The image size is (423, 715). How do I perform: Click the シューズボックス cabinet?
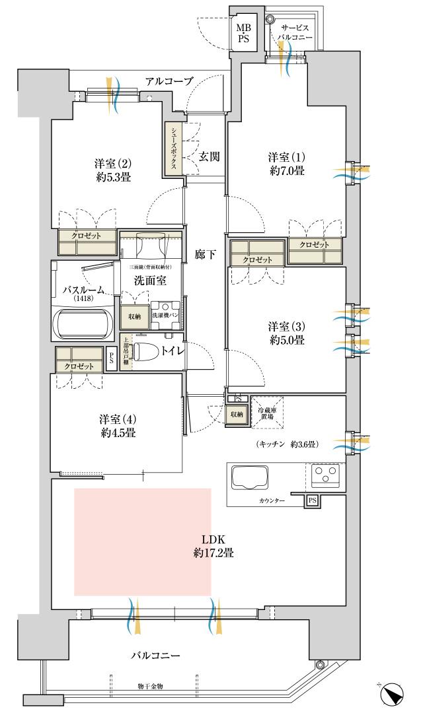click(173, 148)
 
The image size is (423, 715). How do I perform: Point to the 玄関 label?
click(209, 156)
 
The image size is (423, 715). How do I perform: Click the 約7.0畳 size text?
click(286, 171)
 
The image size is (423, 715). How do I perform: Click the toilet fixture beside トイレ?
click(147, 351)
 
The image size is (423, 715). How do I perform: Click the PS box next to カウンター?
click(311, 501)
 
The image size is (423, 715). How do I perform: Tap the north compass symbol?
click(392, 695)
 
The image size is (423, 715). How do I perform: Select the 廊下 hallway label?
click(204, 254)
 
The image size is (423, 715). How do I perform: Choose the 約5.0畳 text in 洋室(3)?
click(286, 340)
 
